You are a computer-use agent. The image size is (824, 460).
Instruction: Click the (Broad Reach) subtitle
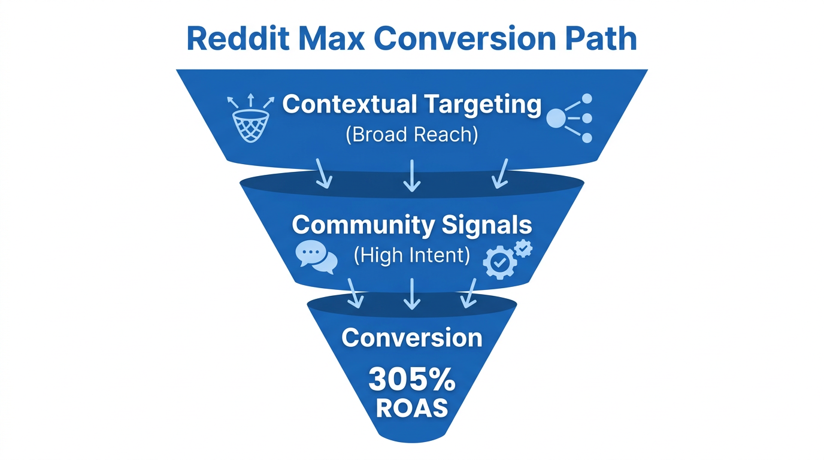(x=412, y=135)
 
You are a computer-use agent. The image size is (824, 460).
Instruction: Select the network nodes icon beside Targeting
(x=569, y=118)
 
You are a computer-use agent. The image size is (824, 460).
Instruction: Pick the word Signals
(x=487, y=226)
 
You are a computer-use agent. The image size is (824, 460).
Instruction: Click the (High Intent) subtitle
(x=412, y=256)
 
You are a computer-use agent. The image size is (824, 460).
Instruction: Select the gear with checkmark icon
(x=507, y=258)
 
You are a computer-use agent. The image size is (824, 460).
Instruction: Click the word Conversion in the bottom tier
(x=412, y=338)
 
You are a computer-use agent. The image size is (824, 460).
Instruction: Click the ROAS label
(x=412, y=408)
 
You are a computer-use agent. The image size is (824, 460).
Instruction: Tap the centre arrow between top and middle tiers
(x=412, y=175)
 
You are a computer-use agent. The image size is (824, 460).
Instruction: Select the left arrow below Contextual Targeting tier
(x=323, y=174)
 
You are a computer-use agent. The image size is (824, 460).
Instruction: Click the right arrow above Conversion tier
(x=468, y=293)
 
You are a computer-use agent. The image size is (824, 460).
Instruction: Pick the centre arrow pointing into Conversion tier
(x=412, y=293)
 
